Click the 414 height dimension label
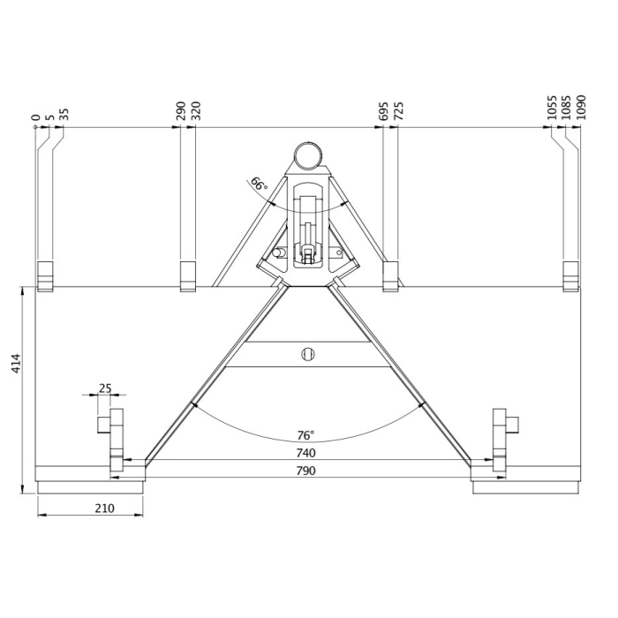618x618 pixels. point(16,365)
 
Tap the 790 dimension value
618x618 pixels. point(306,471)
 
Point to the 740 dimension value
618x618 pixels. point(306,453)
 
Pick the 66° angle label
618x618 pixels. point(258,185)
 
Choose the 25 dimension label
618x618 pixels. point(105,388)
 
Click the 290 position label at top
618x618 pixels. point(180,110)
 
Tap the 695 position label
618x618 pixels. point(383,110)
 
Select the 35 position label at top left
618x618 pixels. point(64,113)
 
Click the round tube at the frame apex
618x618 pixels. point(307,154)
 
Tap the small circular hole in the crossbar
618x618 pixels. point(307,354)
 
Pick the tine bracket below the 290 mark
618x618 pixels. point(187,275)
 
